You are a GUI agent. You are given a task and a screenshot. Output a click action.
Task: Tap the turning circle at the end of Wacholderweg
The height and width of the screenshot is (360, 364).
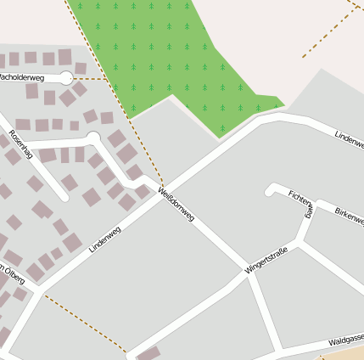[66, 78]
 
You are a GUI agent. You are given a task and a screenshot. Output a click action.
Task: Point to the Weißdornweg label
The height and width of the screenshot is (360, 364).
[176, 205]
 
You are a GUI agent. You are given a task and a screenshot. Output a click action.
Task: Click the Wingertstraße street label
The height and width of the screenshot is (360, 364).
[266, 260]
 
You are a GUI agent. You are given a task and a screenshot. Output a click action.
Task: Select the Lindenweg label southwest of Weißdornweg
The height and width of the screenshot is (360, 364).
[105, 239]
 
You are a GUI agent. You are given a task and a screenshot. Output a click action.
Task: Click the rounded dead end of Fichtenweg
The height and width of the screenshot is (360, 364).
[272, 189]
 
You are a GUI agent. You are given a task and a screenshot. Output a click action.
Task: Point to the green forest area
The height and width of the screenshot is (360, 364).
[161, 51]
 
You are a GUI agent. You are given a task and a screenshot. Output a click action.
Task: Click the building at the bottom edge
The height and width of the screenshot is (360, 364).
[148, 353]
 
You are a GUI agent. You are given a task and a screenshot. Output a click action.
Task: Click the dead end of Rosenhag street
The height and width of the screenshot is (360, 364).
[93, 137]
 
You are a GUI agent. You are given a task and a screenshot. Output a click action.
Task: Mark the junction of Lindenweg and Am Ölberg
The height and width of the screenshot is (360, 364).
[37, 289]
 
